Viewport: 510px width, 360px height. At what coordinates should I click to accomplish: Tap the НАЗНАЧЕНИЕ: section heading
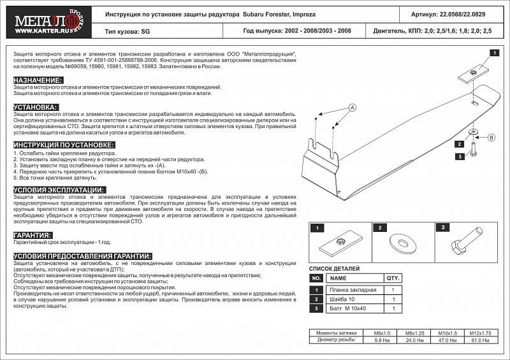click(38, 80)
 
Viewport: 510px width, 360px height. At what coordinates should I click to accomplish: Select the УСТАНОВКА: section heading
click(35, 106)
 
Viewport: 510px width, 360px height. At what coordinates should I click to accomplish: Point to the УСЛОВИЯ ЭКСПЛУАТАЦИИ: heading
click(58, 190)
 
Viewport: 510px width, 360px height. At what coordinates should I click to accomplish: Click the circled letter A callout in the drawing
click(351, 108)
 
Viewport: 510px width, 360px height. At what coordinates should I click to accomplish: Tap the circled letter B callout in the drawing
click(492, 137)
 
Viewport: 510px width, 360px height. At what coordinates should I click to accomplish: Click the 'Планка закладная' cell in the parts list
click(354, 290)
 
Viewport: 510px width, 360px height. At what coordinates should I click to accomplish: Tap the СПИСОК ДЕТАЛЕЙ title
click(334, 268)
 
